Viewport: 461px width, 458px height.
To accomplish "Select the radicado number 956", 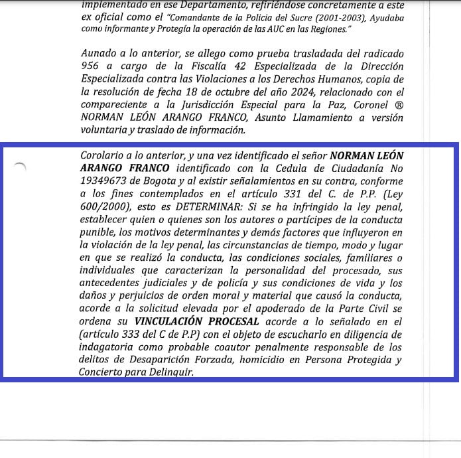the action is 92,67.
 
